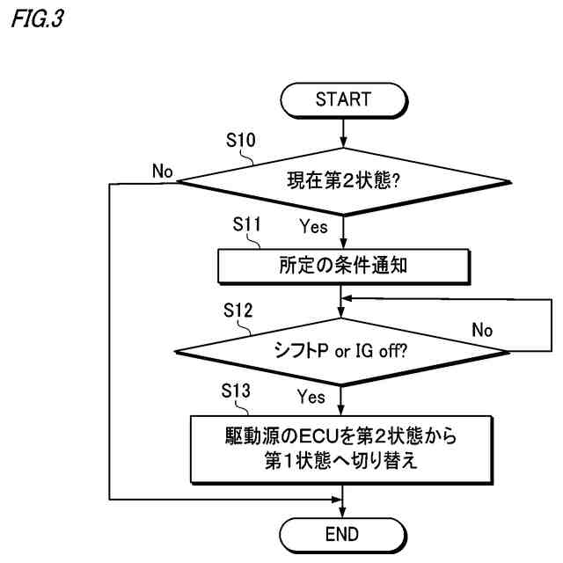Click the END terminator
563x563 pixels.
pos(343,533)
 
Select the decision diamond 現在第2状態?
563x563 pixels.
pos(343,183)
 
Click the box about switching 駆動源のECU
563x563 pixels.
pos(343,448)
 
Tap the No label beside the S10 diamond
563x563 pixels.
pos(162,170)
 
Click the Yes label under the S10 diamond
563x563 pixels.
pos(313,227)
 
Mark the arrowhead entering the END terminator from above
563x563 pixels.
pos(343,512)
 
